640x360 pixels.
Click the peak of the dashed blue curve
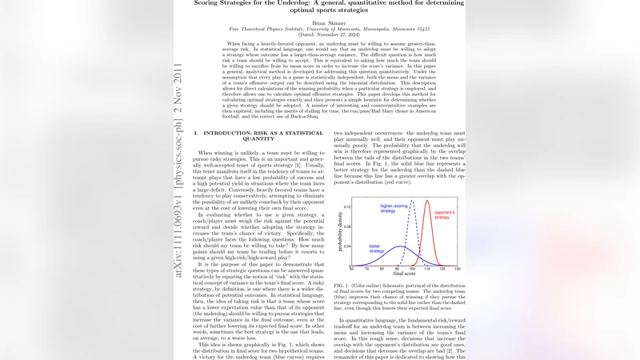click(x=413, y=201)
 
